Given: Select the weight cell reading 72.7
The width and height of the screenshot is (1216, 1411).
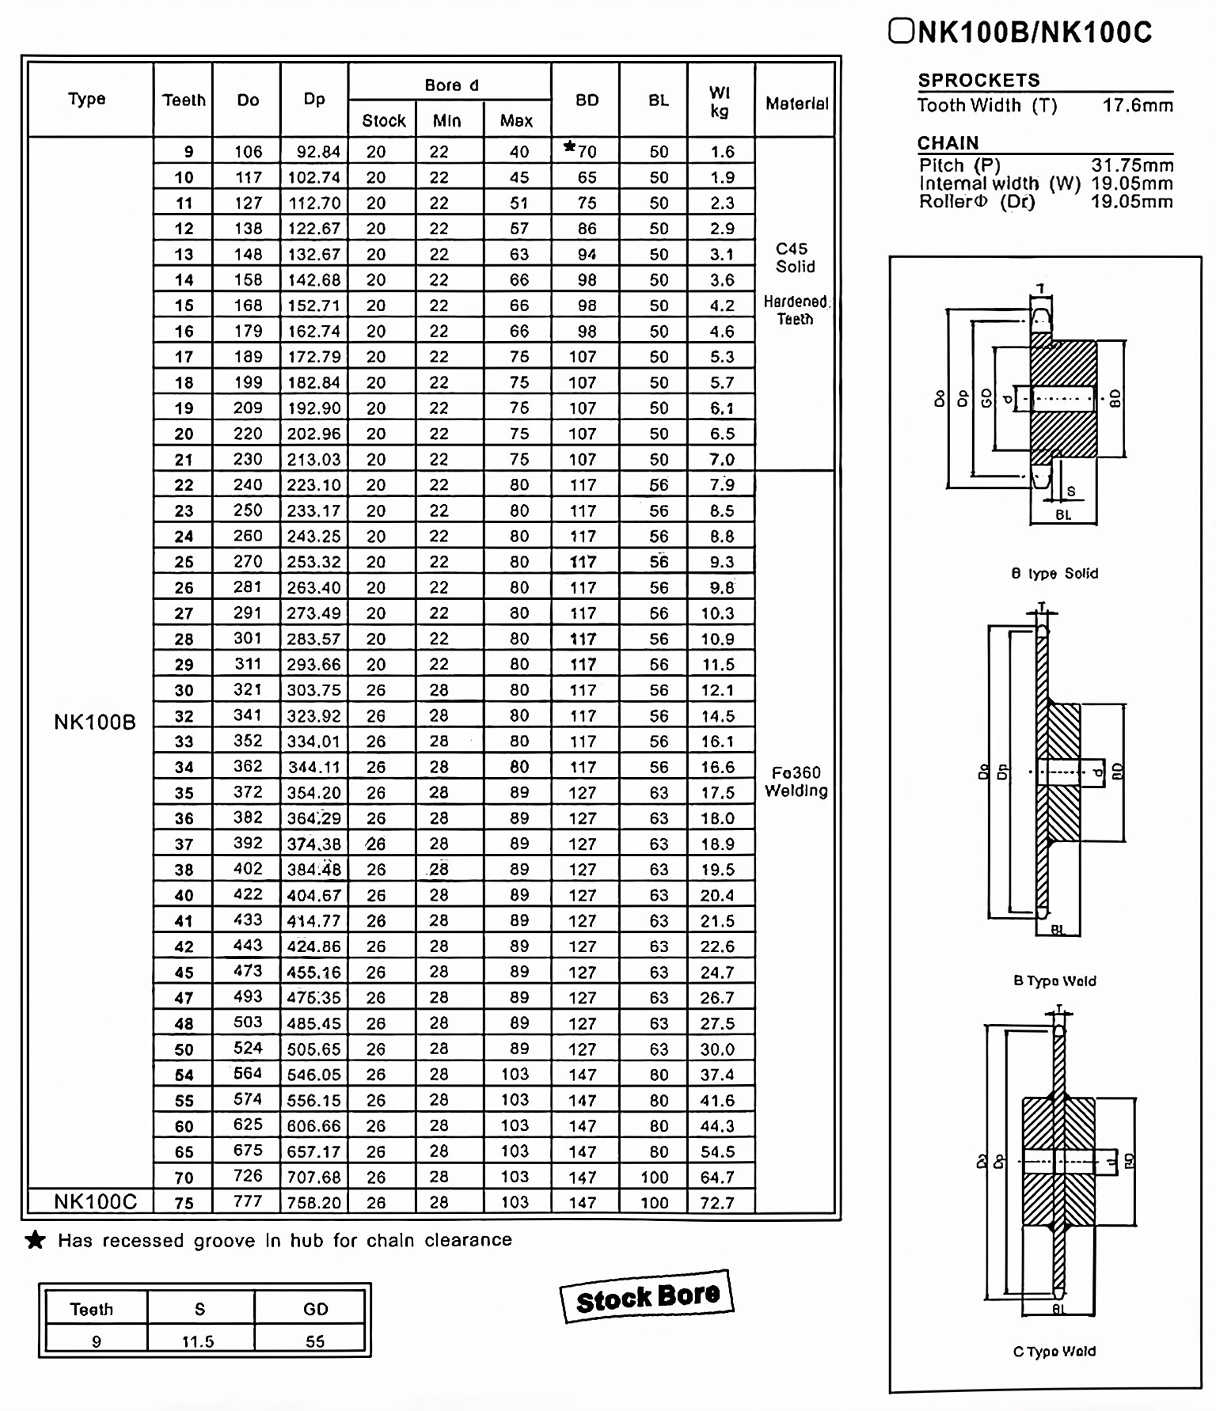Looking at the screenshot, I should pos(717,1203).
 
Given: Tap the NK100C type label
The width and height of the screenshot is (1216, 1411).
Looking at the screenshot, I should pos(95,1202).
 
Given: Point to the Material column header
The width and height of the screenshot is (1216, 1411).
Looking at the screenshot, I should pos(796,104).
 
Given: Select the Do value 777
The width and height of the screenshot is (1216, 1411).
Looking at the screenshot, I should pos(248,1201).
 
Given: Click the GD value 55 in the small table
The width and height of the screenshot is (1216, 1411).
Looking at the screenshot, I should pos(315,1341).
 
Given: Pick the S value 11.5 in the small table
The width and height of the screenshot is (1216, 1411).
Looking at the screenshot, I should pos(198,1341).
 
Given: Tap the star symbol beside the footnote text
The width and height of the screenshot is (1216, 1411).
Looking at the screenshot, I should pos(36,1240).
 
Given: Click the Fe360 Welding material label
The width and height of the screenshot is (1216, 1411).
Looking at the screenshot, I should pos(796,781).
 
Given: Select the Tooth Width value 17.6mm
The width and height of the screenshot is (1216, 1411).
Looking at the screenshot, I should pos(1138,105).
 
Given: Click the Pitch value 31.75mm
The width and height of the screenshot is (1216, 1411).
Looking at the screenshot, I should pos(1132,165).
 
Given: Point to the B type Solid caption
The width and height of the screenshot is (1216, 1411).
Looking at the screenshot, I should pos(1054,574).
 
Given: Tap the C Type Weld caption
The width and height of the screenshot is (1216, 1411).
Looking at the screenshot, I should pos(1054,1352).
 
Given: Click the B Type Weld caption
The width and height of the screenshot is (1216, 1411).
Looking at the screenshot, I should pos(1054,981).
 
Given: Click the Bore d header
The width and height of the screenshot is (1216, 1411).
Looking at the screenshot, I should pos(451,85).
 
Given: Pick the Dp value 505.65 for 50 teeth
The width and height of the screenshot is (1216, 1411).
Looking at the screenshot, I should pos(313,1049).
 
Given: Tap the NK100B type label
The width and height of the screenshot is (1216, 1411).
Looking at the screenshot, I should pos(95,723).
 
